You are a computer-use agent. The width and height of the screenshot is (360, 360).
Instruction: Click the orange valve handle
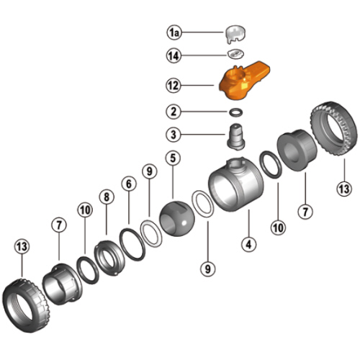[x=243, y=81]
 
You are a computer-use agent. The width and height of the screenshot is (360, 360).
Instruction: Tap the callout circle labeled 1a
[x=174, y=32]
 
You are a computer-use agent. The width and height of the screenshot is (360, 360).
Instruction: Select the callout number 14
[x=174, y=55]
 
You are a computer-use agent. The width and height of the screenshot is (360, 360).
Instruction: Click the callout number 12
[x=174, y=86]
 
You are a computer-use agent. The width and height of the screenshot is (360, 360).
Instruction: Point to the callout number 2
[x=174, y=112]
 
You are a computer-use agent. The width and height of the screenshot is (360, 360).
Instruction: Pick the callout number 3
[x=174, y=135]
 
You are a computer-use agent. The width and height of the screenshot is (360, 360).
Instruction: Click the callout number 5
[x=173, y=158]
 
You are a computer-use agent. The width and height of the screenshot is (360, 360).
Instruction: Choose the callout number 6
[x=129, y=184]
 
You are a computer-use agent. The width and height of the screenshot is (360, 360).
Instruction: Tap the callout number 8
[x=107, y=197]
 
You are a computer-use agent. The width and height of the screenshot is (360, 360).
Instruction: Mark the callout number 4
[x=249, y=244]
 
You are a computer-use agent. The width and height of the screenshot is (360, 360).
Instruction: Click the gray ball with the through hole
[x=177, y=218]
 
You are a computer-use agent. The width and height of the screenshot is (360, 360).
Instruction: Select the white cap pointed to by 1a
[x=235, y=34]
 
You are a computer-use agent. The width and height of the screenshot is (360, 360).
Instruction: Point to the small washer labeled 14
[x=235, y=54]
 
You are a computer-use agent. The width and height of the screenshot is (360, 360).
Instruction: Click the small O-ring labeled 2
[x=236, y=112]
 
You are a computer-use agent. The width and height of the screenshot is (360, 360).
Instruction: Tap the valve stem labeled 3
[x=236, y=137]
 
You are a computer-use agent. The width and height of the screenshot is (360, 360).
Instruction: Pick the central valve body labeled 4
[x=236, y=184]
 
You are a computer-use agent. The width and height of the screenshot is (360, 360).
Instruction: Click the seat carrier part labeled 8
[x=109, y=258]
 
